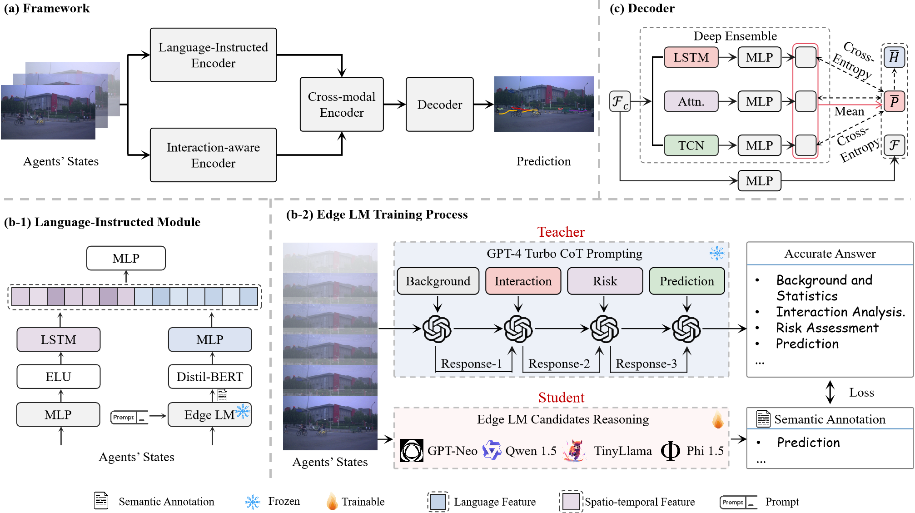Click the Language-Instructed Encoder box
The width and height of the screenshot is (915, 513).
click(x=213, y=55)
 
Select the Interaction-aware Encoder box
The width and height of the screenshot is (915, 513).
click(x=213, y=155)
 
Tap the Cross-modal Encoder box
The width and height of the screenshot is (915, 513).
click(x=342, y=105)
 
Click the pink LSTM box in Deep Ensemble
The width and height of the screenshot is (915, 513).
click(x=691, y=57)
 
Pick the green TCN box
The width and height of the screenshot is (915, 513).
click(x=691, y=145)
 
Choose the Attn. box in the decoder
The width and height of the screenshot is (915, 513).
click(x=691, y=101)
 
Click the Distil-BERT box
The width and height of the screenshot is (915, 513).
click(x=209, y=377)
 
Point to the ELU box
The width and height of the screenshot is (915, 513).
click(x=58, y=377)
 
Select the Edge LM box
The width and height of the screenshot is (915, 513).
click(x=209, y=415)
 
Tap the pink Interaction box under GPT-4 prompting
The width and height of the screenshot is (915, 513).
click(x=523, y=281)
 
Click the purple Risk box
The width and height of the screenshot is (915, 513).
click(x=605, y=281)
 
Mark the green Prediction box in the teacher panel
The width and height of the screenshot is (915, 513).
click(x=686, y=281)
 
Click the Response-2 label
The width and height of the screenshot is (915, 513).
click(x=559, y=364)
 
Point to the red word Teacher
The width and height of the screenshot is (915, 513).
click(x=561, y=232)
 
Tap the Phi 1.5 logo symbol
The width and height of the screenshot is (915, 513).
click(x=671, y=451)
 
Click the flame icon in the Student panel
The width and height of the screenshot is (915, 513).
click(x=718, y=420)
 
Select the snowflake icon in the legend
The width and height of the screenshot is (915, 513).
click(x=253, y=502)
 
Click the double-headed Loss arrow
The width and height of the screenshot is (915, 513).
click(x=830, y=392)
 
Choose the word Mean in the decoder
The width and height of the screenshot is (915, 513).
click(x=849, y=111)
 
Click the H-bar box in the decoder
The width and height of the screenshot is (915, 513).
click(x=894, y=57)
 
